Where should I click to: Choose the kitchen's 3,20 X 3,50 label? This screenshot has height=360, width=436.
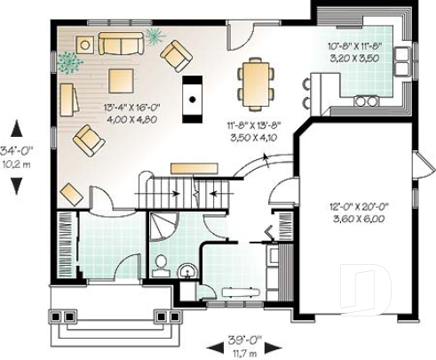354,55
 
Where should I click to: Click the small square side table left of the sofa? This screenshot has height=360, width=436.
86,43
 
